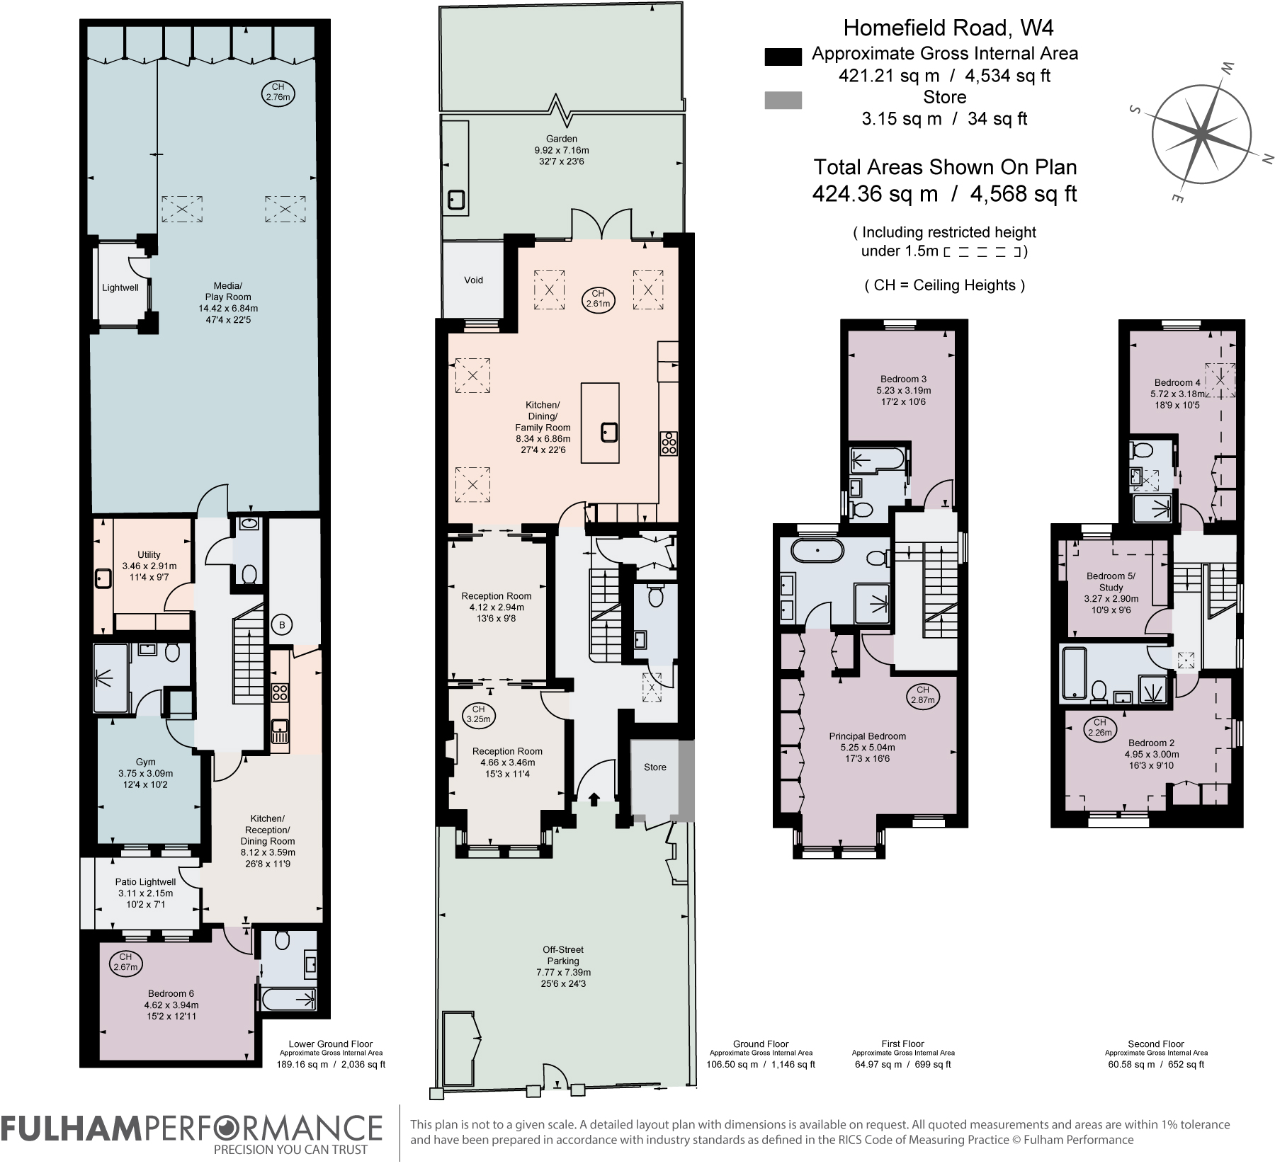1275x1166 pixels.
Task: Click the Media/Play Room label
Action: coord(228,302)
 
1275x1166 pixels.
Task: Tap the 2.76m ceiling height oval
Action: coord(278,93)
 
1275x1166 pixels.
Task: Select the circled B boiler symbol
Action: coord(282,625)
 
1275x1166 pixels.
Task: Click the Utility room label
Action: coord(149,566)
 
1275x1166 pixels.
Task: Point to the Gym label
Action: coord(145,773)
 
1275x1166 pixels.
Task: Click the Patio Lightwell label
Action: coord(145,893)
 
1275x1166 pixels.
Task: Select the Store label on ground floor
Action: coord(654,767)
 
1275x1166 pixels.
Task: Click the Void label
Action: coord(473,280)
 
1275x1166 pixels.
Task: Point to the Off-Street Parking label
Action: coord(563,966)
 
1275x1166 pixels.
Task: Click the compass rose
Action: coord(1201,133)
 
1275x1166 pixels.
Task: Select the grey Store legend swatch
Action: coord(783,101)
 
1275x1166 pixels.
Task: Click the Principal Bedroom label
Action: coord(867,747)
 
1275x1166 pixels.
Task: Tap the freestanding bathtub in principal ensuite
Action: coord(818,550)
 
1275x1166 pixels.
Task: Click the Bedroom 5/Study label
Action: coord(1111,587)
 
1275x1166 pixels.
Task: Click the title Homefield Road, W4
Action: coord(948,28)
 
